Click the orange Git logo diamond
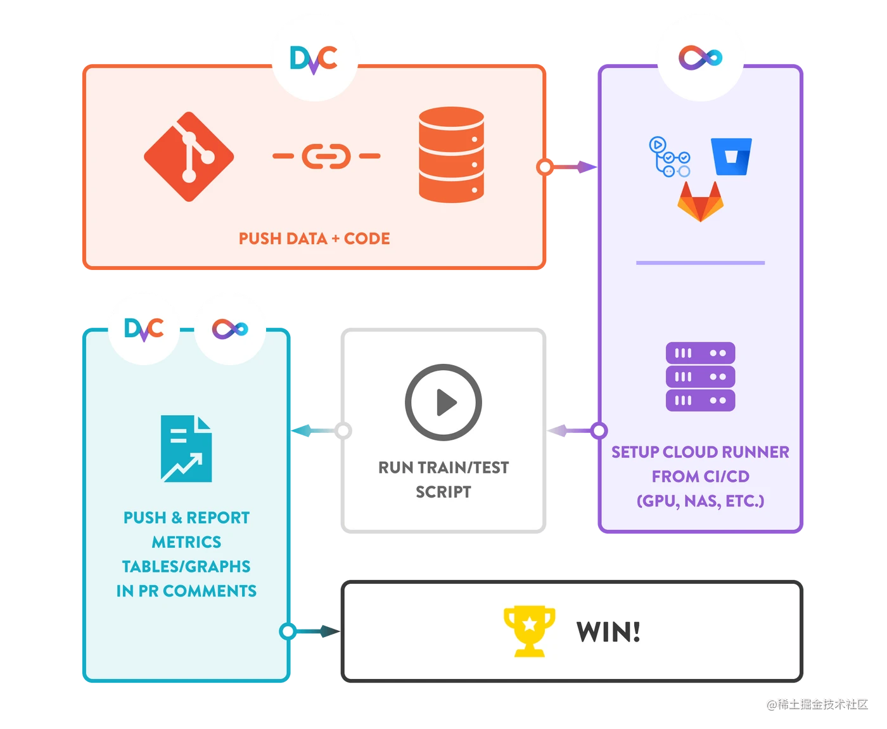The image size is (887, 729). [189, 157]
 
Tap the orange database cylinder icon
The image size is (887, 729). [451, 155]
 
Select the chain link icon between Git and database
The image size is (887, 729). [326, 156]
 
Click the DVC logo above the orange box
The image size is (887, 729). [314, 59]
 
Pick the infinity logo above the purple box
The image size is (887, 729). [700, 58]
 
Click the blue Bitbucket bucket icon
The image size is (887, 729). [731, 157]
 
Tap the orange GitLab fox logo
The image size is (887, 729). [700, 202]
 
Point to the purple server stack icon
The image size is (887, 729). [700, 377]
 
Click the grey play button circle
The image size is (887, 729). [443, 402]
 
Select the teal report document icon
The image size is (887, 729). [186, 449]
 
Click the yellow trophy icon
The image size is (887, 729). [529, 631]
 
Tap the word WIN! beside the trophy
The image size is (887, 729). [608, 632]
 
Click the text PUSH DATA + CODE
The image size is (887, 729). [314, 239]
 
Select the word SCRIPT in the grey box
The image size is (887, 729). [443, 492]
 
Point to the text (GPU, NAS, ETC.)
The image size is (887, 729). [700, 501]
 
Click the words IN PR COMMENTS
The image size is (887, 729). [186, 591]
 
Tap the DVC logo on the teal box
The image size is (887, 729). [144, 328]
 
